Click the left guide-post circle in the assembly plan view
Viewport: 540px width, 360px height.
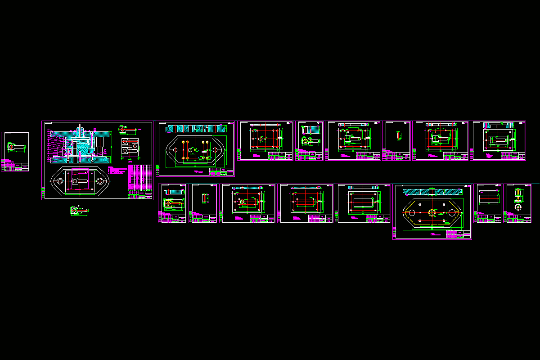point(58,181)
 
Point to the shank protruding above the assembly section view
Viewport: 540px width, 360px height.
point(80,128)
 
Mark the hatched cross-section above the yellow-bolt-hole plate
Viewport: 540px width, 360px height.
point(194,129)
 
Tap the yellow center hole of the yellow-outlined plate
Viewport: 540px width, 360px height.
point(432,212)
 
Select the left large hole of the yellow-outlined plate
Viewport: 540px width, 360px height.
point(411,212)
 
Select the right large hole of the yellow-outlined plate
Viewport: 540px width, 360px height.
point(452,212)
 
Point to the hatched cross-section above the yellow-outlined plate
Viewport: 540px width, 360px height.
point(432,192)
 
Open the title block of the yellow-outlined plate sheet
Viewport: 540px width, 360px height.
point(458,234)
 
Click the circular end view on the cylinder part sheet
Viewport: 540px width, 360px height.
point(517,207)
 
